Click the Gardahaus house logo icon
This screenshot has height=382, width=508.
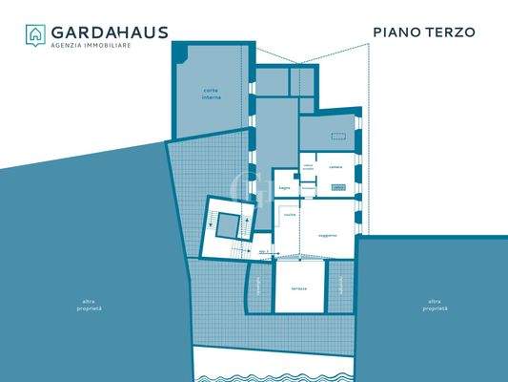[35, 35]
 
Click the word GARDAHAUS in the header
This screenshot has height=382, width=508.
[110, 32]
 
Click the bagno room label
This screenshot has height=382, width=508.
[284, 188]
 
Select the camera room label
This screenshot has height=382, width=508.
[335, 167]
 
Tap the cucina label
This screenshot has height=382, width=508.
[290, 216]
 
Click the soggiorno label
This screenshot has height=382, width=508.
[328, 235]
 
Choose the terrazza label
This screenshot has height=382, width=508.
[299, 288]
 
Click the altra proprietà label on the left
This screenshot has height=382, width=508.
[91, 307]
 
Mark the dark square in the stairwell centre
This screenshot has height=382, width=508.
[227, 226]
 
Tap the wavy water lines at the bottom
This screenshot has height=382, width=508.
[276, 367]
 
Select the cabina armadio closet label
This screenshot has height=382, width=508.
[308, 167]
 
